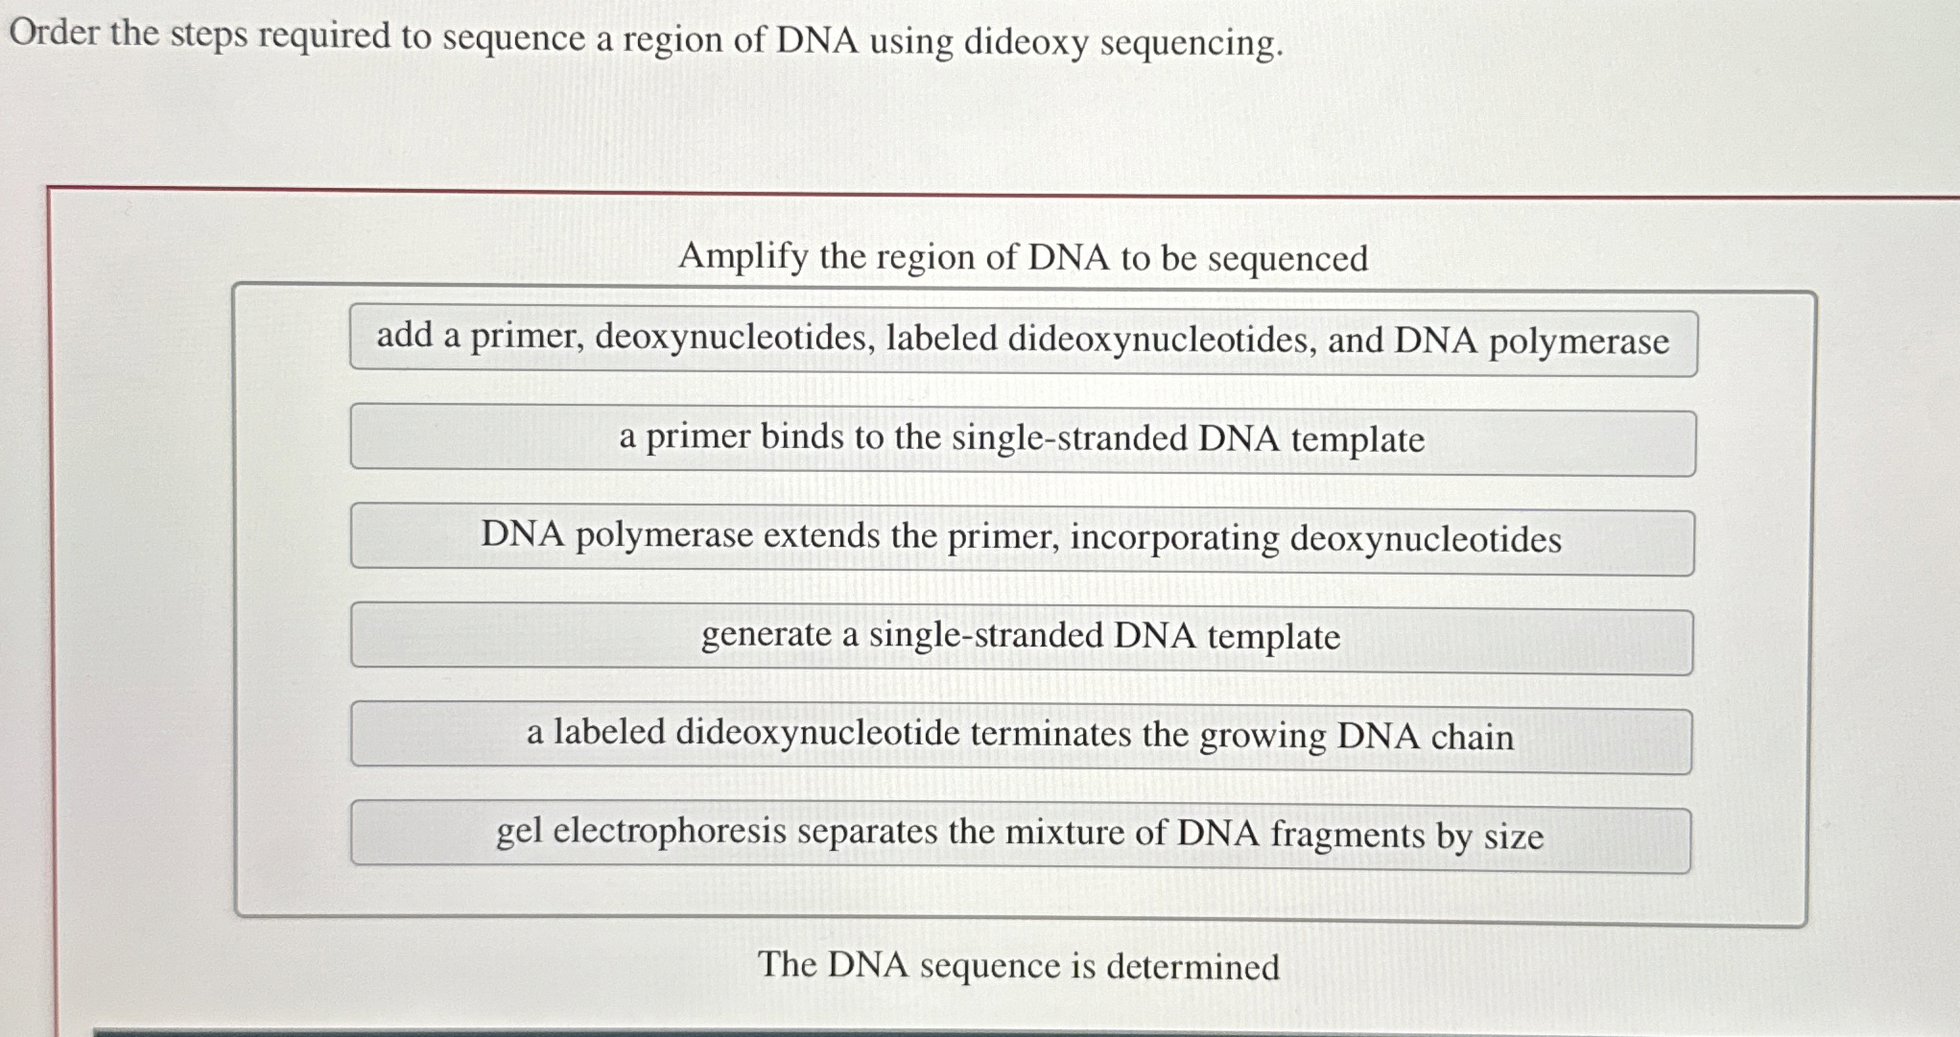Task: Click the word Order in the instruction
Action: point(54,33)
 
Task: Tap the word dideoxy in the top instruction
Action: point(1025,42)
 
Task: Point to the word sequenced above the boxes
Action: point(1287,259)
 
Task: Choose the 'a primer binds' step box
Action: point(1023,439)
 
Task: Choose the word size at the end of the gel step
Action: point(1514,837)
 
